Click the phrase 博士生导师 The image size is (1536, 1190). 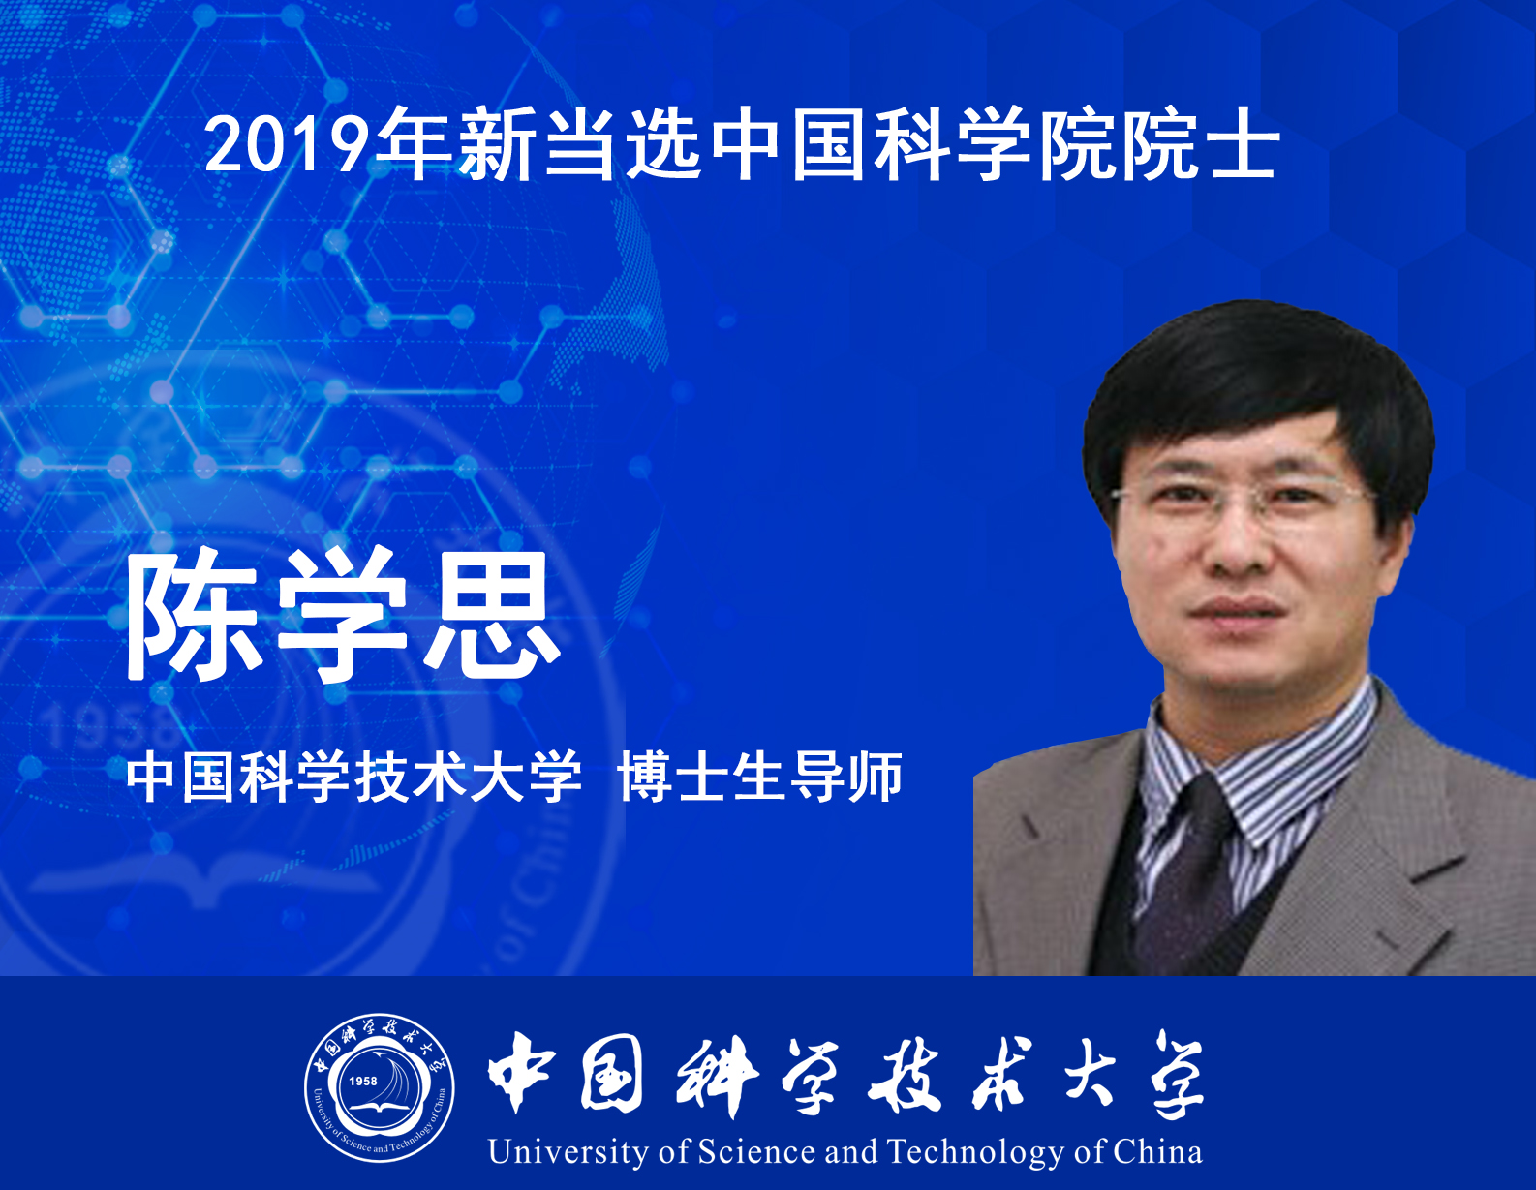coord(760,777)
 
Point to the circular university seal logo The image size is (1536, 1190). coord(380,1087)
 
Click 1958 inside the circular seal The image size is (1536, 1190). coord(363,1081)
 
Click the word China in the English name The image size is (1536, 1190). coord(1158,1151)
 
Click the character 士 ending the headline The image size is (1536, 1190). coord(1245,145)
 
